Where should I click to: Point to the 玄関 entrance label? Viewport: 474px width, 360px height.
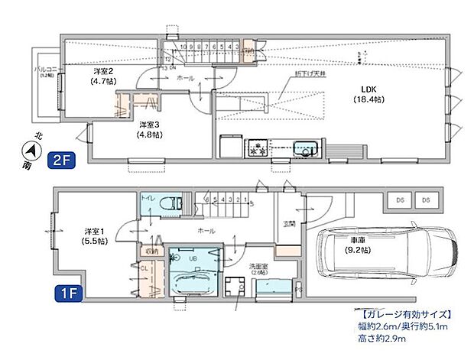pos(290,224)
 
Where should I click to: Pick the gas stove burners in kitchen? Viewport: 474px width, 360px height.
pos(255,148)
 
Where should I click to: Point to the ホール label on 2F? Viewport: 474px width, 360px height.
pos(185,79)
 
